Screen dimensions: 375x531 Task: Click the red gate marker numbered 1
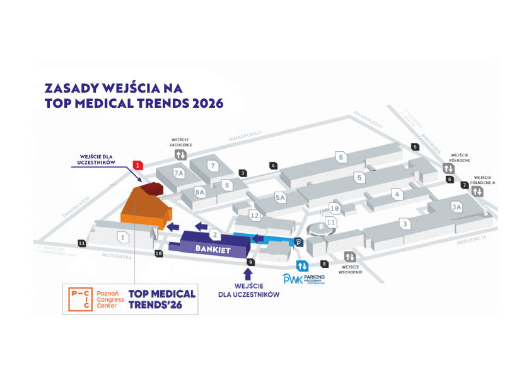click(138, 165)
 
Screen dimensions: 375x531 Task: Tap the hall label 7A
click(178, 172)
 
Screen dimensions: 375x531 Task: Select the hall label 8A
click(201, 192)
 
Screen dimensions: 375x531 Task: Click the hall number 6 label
click(341, 157)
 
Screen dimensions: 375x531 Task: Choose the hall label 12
click(254, 216)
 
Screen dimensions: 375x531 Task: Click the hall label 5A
click(281, 198)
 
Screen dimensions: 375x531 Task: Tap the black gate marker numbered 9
click(250, 262)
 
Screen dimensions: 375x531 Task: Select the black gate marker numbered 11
click(81, 243)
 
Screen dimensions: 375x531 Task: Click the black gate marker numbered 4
click(273, 166)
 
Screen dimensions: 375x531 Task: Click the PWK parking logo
click(293, 278)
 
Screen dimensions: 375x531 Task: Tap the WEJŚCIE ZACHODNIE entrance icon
click(180, 154)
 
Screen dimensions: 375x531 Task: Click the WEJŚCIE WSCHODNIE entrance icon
click(349, 257)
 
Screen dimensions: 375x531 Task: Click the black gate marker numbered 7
click(465, 185)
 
